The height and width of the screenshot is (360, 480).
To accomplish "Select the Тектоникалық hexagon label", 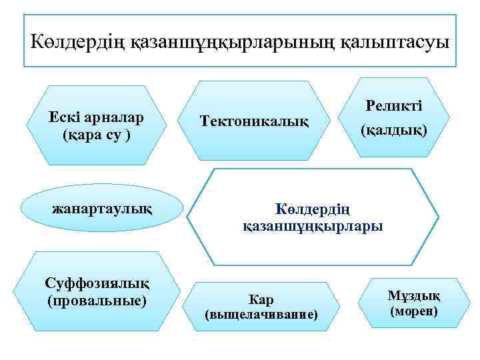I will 255,121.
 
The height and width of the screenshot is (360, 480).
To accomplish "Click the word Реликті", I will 395,106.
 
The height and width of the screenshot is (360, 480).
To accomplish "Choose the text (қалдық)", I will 394,131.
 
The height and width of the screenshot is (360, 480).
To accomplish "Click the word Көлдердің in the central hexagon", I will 313,208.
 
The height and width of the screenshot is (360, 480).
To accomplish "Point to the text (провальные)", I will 97,301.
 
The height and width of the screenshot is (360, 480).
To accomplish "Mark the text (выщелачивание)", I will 261,314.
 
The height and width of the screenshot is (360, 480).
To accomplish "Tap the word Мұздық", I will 413,296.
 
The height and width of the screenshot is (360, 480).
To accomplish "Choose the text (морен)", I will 413,311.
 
